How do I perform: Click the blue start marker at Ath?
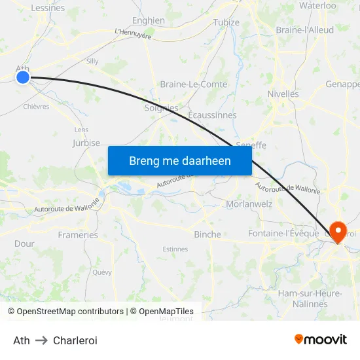[x=23, y=77]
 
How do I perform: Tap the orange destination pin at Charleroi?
[x=338, y=231]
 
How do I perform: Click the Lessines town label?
[x=48, y=8]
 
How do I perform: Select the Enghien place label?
[x=149, y=20]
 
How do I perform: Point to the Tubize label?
[x=226, y=22]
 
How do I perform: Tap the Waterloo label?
[x=317, y=5]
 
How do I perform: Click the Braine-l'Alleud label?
[x=304, y=30]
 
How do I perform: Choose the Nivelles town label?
[x=283, y=94]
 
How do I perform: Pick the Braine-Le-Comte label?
[x=194, y=84]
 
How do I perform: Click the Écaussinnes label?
[x=212, y=115]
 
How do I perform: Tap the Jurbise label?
[x=86, y=143]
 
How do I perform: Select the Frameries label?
[x=78, y=235]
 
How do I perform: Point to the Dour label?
[x=24, y=243]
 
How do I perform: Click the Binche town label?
[x=207, y=234]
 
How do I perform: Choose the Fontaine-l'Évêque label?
[x=283, y=233]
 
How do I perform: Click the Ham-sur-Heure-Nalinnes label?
[x=310, y=298]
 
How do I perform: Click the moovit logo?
[x=320, y=339]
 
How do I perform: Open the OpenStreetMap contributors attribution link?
[x=70, y=312]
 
